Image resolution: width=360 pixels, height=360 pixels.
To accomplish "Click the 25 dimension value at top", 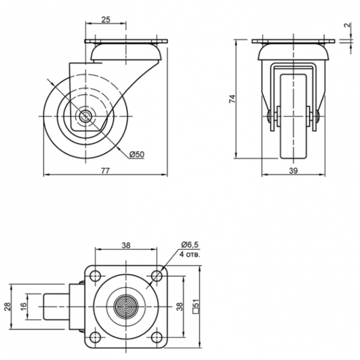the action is pos(106,20).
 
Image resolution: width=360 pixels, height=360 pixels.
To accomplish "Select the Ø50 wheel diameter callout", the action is pos(137,154).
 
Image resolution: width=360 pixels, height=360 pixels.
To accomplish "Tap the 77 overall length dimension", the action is pos(106,171).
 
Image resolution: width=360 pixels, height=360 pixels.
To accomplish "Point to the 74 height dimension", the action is pos(232,99).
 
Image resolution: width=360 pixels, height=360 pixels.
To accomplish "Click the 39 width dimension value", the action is pos(293,171).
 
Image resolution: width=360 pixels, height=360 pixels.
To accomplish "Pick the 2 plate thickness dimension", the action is pos(348,25).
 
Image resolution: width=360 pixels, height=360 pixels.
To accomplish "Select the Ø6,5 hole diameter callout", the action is pos(190,245).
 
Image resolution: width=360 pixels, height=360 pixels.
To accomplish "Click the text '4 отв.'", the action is pos(190,254).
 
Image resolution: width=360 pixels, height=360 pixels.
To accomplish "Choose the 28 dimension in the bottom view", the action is pos(8,307).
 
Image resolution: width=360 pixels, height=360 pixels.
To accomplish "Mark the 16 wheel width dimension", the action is pos(24,307).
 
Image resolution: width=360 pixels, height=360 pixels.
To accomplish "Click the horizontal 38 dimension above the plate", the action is pos(126,245).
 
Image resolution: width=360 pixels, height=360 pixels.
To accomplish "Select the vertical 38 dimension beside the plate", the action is pos(179,307).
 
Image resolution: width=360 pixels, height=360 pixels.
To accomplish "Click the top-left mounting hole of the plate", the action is pos(95,276).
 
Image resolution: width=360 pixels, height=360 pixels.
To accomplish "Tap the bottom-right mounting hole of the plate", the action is pos(157,337).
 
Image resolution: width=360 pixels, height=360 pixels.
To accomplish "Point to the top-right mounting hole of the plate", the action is pos(157,276).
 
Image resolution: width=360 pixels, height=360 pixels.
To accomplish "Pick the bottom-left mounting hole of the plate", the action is pos(95,337).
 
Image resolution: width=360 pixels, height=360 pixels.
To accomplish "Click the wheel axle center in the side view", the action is pos(85,116).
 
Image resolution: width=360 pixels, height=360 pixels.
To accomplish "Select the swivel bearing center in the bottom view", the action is pos(126,307).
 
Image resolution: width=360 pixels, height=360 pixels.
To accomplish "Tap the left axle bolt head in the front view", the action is pos(269,116).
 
